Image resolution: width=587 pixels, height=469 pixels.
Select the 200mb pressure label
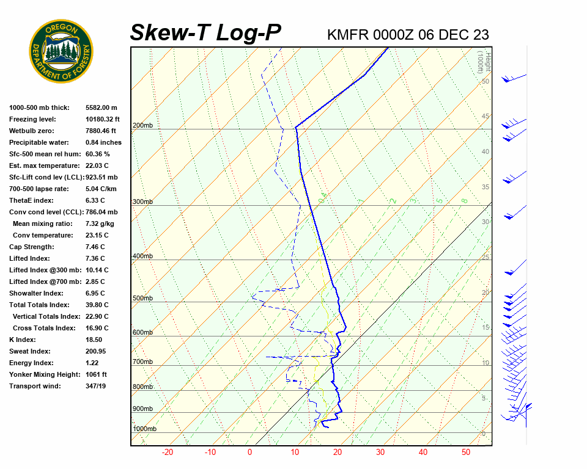click(142, 126)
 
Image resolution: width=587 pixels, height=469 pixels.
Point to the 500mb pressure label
click(142, 299)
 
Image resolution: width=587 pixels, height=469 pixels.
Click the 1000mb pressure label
click(145, 429)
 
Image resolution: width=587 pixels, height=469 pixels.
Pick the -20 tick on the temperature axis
click(167, 453)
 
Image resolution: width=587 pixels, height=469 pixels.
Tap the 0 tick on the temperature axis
click(249, 453)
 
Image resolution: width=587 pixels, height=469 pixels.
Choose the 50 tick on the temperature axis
click(466, 453)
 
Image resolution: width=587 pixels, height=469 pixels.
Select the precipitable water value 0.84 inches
click(103, 142)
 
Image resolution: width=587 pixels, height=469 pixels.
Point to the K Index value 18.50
click(94, 340)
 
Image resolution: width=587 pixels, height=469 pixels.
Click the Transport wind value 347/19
click(96, 386)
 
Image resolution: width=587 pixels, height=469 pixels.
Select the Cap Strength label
click(31, 247)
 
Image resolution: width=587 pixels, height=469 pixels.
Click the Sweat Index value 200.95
click(96, 351)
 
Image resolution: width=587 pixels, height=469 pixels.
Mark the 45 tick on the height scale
click(485, 117)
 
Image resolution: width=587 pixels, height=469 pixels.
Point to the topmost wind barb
click(514, 78)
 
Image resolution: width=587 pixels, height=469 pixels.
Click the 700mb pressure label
click(142, 362)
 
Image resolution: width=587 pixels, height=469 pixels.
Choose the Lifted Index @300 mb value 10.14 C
click(97, 270)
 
